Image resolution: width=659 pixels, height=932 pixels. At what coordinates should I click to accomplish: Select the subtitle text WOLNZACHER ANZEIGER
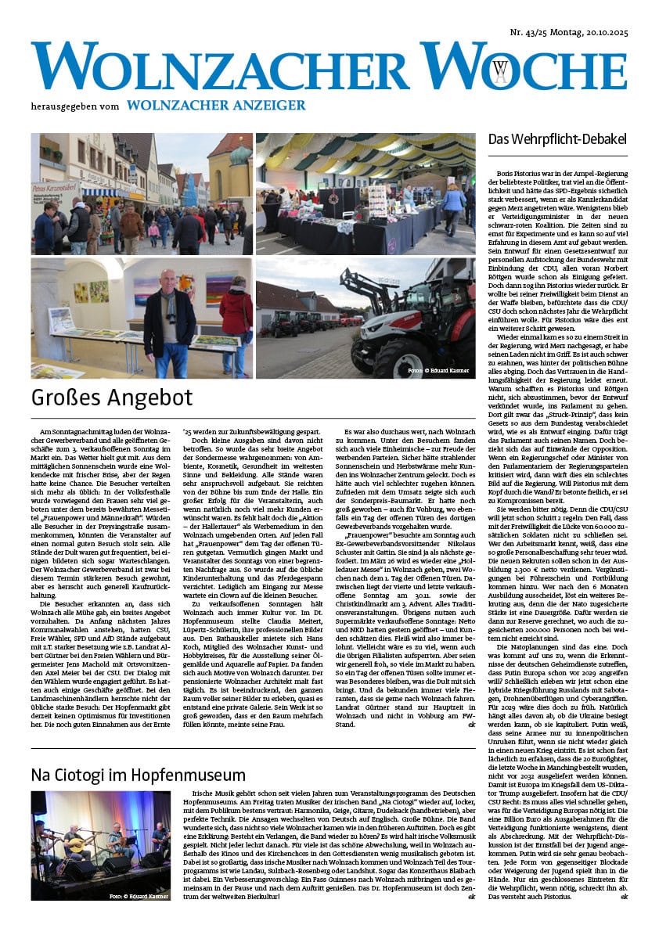click(216, 106)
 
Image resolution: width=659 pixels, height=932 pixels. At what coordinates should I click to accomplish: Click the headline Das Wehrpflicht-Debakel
click(549, 140)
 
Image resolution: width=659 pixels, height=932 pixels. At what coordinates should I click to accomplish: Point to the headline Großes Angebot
click(111, 398)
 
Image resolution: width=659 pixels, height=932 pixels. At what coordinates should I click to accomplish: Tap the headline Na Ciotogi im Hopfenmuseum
click(138, 775)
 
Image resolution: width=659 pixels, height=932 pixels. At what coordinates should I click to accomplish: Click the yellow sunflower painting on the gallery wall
click(98, 292)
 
